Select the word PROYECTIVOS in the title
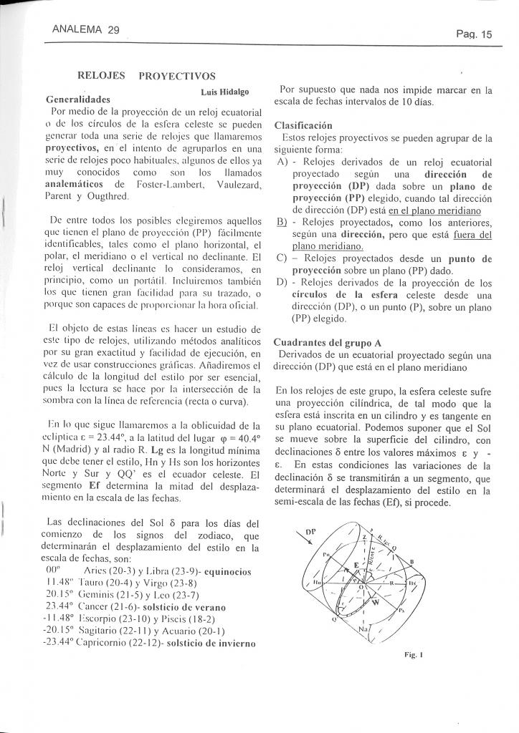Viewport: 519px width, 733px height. click(x=177, y=76)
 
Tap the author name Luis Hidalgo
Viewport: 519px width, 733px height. click(x=224, y=92)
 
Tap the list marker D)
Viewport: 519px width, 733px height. click(x=282, y=283)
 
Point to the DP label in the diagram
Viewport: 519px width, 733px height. click(x=310, y=532)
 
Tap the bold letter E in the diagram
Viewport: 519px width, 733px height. click(x=355, y=565)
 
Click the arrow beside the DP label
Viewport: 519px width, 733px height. click(x=305, y=542)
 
